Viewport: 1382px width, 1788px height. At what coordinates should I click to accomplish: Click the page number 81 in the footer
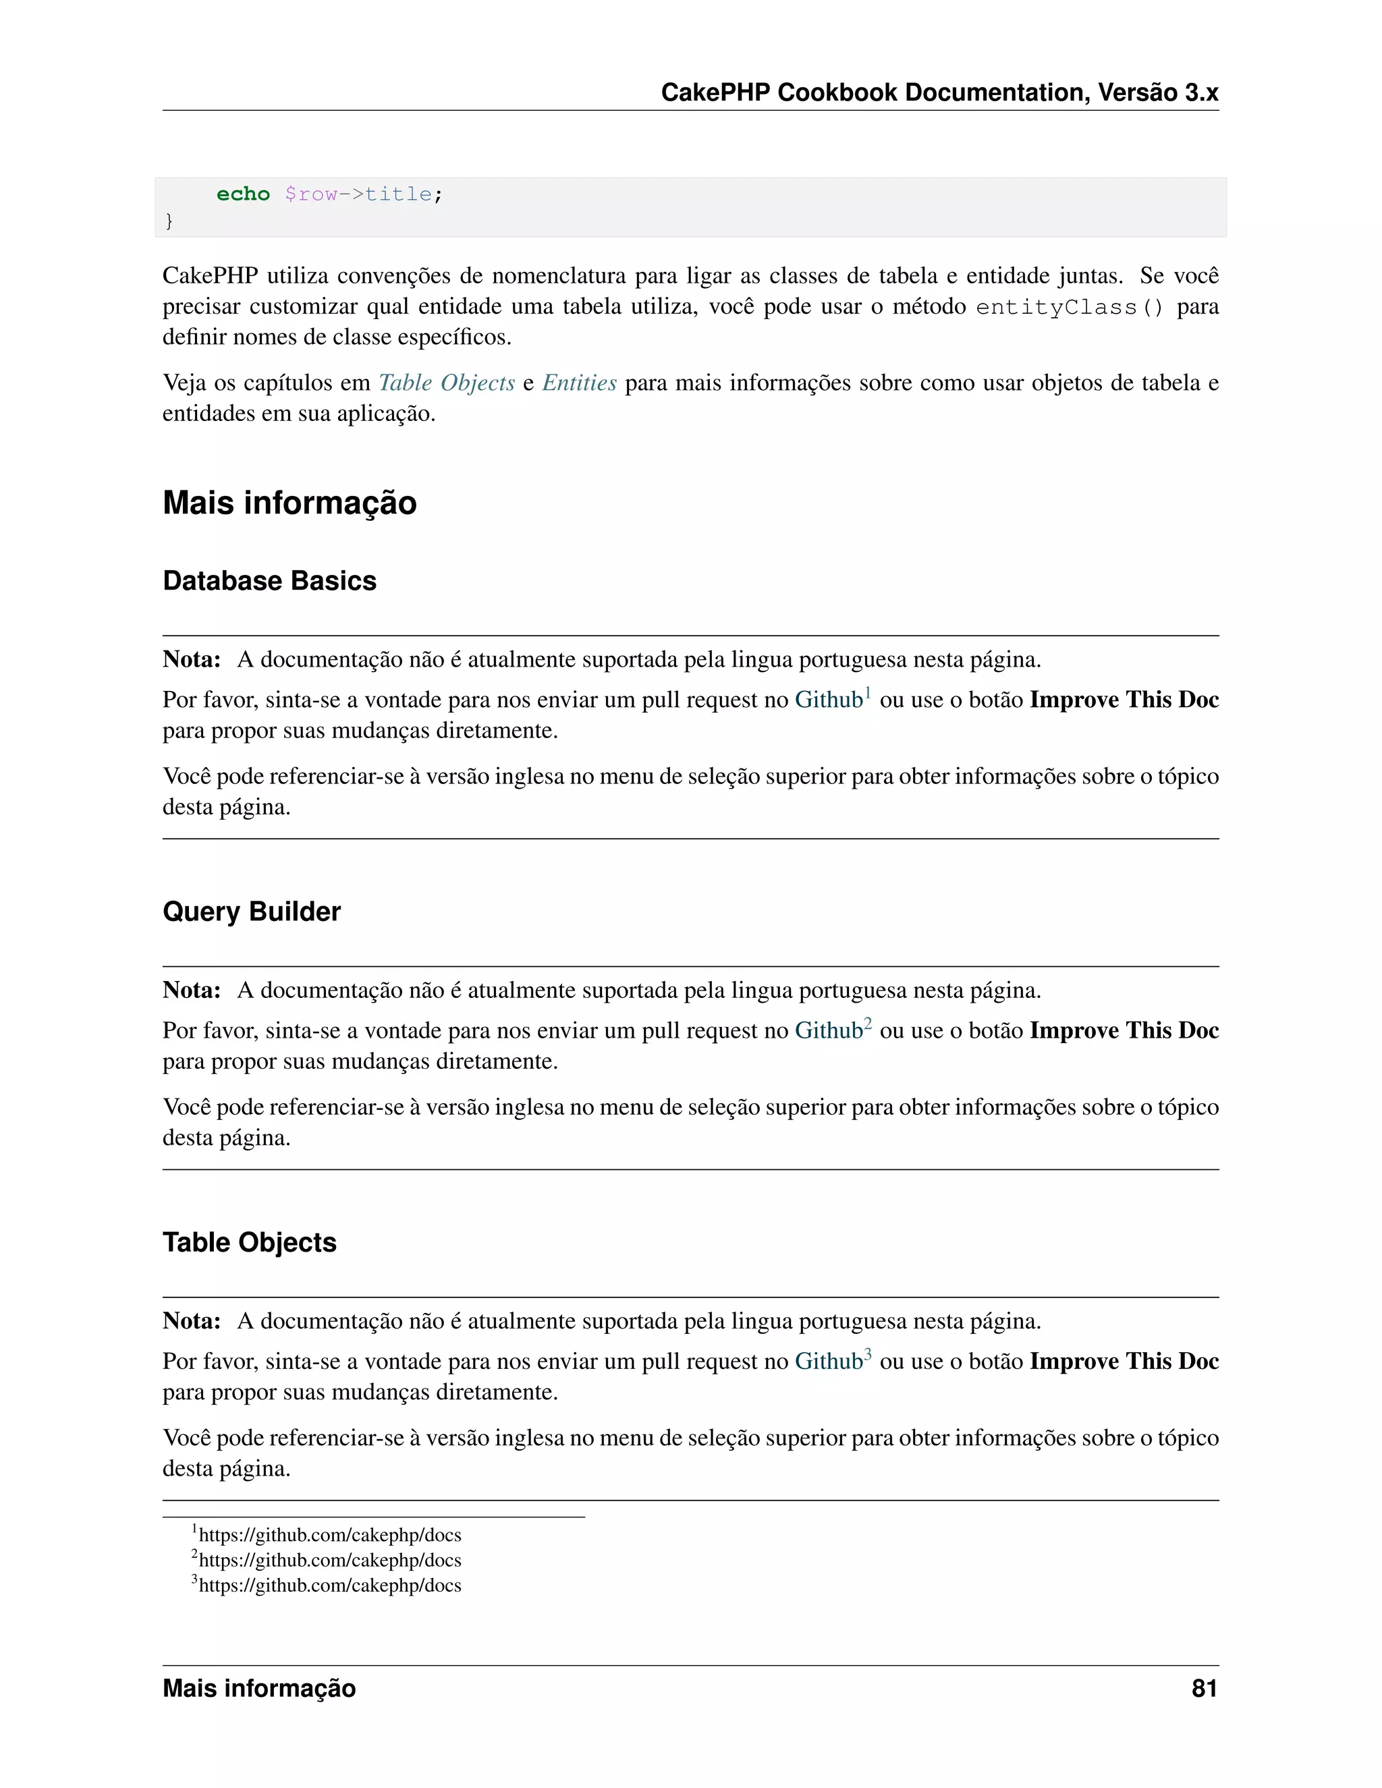pyautogui.click(x=1204, y=1688)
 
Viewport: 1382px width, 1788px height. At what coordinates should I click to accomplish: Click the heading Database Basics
pyautogui.click(x=269, y=580)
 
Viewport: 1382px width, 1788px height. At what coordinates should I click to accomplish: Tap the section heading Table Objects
pyautogui.click(x=249, y=1242)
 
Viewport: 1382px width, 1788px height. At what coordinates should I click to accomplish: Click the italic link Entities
pyautogui.click(x=579, y=383)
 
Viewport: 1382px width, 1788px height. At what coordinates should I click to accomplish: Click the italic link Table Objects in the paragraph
pyautogui.click(x=446, y=383)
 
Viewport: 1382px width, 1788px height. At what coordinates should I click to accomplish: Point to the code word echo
pyautogui.click(x=243, y=194)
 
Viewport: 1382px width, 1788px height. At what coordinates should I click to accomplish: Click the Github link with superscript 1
pyautogui.click(x=829, y=700)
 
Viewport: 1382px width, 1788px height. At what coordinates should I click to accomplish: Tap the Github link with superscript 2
pyautogui.click(x=829, y=1031)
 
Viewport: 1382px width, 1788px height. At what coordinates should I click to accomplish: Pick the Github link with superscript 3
pyautogui.click(x=829, y=1362)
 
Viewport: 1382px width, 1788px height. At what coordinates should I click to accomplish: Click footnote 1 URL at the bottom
pyautogui.click(x=329, y=1535)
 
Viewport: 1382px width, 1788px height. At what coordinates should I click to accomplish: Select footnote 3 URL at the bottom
pyautogui.click(x=329, y=1586)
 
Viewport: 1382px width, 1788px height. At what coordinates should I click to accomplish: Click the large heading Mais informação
pyautogui.click(x=289, y=503)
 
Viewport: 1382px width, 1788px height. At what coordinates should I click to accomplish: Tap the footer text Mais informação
pyautogui.click(x=258, y=1688)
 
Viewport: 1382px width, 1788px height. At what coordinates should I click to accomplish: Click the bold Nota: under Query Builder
pyautogui.click(x=192, y=990)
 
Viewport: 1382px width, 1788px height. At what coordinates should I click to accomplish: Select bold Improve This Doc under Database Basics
pyautogui.click(x=1124, y=700)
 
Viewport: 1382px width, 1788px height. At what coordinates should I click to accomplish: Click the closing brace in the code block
pyautogui.click(x=169, y=221)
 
